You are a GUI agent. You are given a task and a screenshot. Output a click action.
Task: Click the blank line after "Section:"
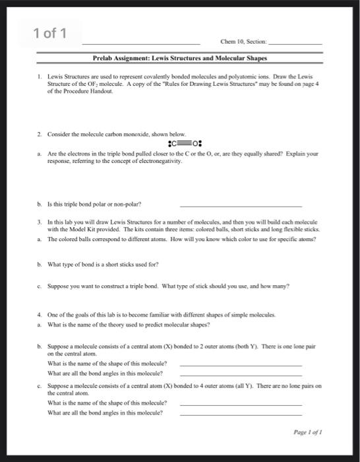pyautogui.click(x=297, y=42)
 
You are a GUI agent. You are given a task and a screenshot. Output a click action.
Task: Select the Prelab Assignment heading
pyautogui.click(x=179, y=58)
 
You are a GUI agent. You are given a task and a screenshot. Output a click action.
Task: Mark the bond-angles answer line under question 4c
pyautogui.click(x=241, y=414)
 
